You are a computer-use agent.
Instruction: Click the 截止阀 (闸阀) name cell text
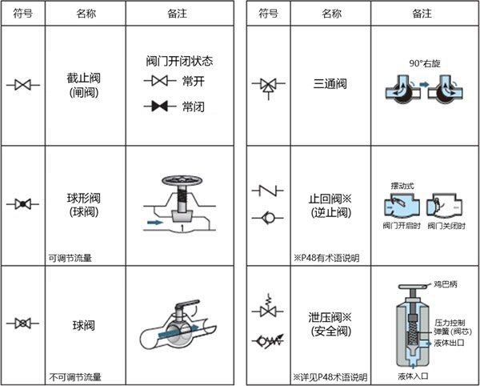(83, 85)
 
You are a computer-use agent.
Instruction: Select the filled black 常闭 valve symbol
(160, 107)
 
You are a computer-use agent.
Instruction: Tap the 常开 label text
(193, 82)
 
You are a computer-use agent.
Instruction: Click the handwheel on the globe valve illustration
(182, 180)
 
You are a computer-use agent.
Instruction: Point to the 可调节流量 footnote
(70, 258)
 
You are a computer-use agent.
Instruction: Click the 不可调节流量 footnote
(75, 377)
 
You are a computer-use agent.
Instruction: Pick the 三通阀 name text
(330, 83)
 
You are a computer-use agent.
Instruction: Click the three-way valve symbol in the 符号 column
(269, 87)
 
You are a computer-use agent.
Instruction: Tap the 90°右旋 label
(425, 63)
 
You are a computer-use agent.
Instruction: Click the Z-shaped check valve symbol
(268, 191)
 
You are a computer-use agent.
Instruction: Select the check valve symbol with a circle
(268, 218)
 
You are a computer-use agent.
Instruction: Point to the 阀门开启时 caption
(402, 226)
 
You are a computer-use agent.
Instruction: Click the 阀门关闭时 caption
(446, 226)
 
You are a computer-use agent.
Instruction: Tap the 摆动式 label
(402, 186)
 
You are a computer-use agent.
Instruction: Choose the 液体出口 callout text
(449, 343)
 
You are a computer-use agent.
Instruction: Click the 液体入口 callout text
(413, 376)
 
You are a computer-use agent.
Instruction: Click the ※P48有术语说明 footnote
(326, 258)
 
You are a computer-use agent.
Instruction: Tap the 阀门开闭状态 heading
(179, 61)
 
